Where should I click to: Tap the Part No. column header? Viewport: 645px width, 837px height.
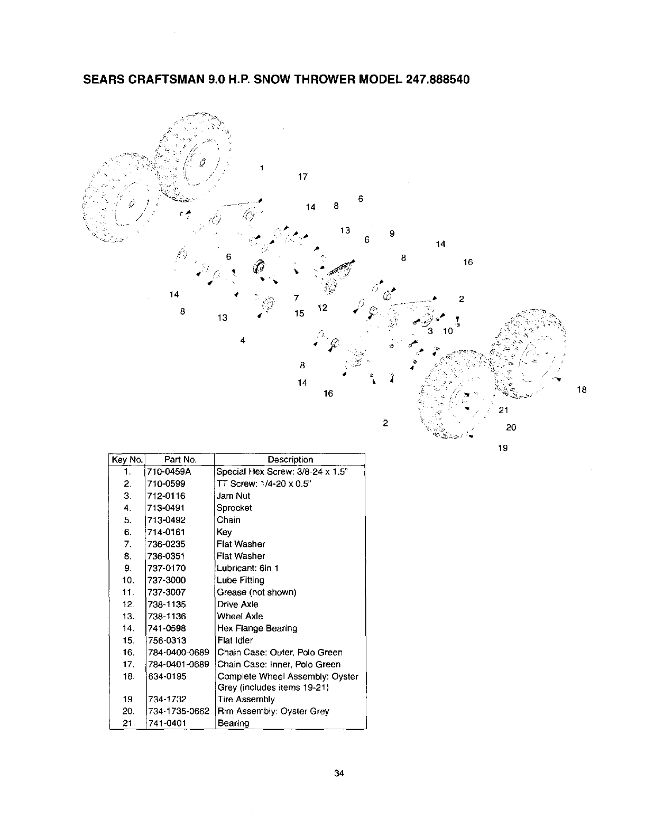[x=180, y=460]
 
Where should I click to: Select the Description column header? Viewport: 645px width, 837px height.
[x=290, y=460]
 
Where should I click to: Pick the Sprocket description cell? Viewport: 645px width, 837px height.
[x=234, y=508]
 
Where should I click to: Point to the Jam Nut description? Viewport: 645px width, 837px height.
[x=233, y=496]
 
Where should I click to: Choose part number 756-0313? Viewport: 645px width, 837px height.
[x=167, y=640]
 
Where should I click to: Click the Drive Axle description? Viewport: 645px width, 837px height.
[x=237, y=604]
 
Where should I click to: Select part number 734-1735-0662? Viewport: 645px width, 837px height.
[x=178, y=711]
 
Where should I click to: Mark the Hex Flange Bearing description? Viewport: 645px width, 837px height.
[x=257, y=628]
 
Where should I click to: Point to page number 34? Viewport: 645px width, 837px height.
[x=339, y=774]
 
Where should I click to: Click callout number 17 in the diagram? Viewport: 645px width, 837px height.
[x=303, y=177]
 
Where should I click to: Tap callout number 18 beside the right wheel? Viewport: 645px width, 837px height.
[x=582, y=390]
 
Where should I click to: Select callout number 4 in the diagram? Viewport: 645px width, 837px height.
[x=243, y=340]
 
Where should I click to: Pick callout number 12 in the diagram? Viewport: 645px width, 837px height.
[x=322, y=308]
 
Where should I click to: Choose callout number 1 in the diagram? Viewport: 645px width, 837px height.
[x=262, y=169]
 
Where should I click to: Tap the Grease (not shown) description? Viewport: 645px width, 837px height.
[x=256, y=592]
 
